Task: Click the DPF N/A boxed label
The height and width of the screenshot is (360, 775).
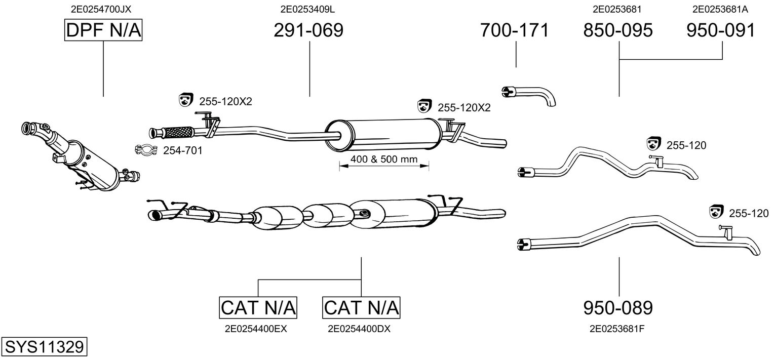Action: (104, 30)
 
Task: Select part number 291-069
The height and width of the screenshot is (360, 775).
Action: (308, 30)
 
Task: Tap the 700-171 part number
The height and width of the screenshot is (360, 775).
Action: (514, 30)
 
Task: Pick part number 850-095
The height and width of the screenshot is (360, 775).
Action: (618, 30)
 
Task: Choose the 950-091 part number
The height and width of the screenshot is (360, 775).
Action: (721, 30)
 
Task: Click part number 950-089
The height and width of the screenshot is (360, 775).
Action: (618, 307)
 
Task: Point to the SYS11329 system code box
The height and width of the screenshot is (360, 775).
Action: (44, 347)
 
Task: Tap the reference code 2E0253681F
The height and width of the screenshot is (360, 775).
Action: (616, 329)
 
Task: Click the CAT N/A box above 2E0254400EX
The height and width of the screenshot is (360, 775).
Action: (258, 307)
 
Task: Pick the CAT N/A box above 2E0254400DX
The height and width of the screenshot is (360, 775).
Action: (361, 307)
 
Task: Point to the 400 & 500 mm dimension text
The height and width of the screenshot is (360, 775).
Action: (383, 159)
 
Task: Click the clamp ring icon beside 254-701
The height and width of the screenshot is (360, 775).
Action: (146, 150)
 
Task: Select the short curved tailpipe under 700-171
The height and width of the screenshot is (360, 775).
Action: (529, 95)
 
